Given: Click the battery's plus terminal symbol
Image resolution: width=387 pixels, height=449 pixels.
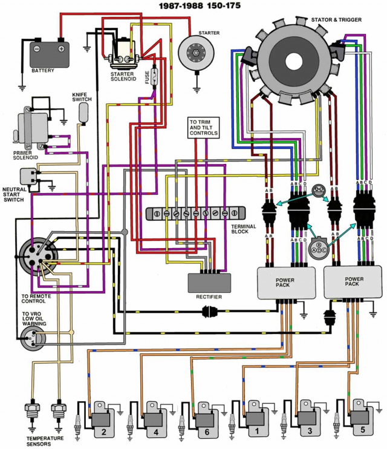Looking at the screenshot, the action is tap(61, 48).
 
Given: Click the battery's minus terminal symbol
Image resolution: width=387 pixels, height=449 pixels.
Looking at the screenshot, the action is tap(37, 48).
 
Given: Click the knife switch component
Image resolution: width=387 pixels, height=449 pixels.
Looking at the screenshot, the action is tap(83, 113).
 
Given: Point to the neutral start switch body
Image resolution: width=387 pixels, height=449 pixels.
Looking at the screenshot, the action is tap(27, 177).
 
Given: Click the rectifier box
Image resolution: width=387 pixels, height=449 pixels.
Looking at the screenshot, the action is tap(209, 283).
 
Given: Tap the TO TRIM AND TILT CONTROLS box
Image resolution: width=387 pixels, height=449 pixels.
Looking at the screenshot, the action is tap(204, 128).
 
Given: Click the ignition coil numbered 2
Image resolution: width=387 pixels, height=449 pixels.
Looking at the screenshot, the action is tap(101, 420).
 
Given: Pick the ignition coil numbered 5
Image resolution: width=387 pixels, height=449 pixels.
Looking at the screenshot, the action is tap(360, 418).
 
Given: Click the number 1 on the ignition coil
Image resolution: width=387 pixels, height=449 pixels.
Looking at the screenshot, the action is tap(257, 431).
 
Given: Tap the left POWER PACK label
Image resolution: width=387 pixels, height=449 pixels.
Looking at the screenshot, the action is tap(284, 283).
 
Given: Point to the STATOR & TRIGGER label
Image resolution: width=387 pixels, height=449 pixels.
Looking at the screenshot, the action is tap(336, 20).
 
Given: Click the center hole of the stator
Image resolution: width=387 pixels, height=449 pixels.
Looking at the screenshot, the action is tap(294, 61).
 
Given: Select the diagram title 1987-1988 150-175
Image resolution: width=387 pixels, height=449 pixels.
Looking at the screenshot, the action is tap(200, 5).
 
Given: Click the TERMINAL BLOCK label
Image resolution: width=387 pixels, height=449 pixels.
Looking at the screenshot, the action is tap(244, 229).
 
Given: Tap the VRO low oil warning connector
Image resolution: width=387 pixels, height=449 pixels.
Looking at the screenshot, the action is tap(32, 339).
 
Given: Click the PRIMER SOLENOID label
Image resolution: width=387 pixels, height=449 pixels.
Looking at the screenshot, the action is tap(25, 155).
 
